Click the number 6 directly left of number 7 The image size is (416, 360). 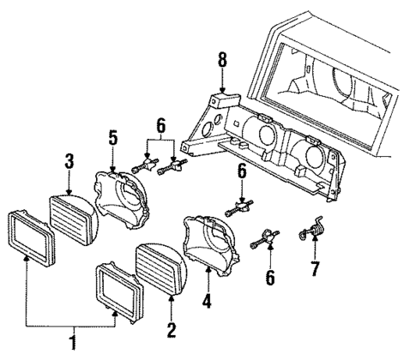coord(270,279)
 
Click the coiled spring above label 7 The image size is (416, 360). coord(314,231)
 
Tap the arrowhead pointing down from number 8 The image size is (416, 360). coord(222,89)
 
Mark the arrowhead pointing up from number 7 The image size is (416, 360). coord(315,249)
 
